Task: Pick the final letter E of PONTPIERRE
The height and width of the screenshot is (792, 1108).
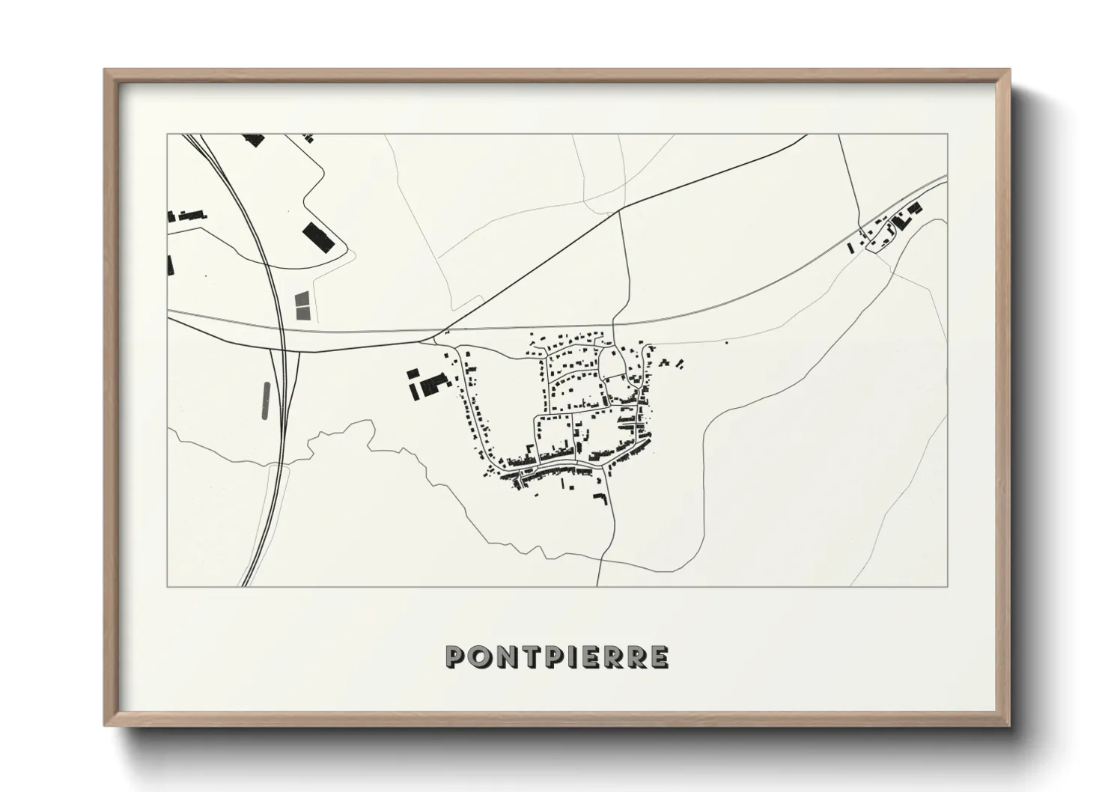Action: coord(659,657)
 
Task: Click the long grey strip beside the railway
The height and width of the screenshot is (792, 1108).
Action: coord(266,400)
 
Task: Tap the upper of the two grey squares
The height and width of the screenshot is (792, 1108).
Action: coord(302,299)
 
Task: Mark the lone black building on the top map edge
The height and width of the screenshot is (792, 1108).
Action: coord(254,139)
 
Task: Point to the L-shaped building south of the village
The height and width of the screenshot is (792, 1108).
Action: coord(600,498)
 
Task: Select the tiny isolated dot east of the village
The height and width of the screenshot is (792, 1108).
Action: coord(726,343)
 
